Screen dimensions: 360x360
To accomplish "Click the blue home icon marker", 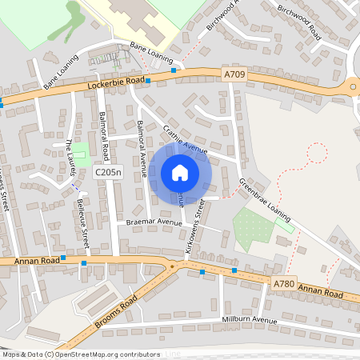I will coord(180,172).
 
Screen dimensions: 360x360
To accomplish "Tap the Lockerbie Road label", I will coord(118,82).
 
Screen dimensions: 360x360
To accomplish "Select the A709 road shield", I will coord(234,74).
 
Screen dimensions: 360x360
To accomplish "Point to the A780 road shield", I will coord(283,283).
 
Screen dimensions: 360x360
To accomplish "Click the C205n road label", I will coord(107,172).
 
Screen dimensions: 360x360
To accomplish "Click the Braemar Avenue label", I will coord(150,222).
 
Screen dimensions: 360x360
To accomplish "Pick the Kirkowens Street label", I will coord(196,228).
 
